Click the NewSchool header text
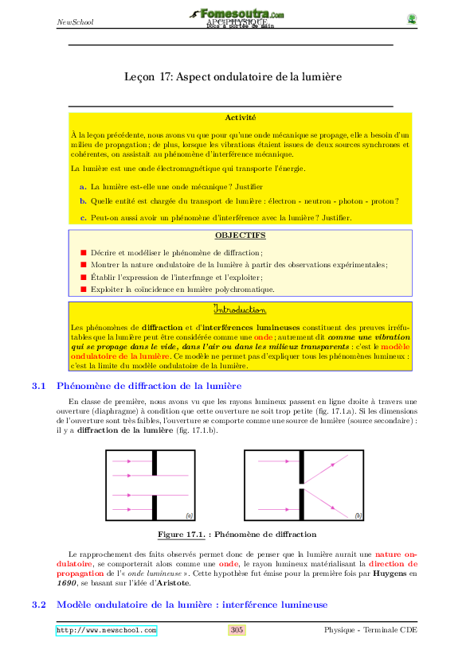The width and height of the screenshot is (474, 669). pyautogui.click(x=75, y=21)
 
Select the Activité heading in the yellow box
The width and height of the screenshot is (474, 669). pyautogui.click(x=240, y=118)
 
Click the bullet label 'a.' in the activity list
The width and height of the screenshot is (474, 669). pyautogui.click(x=83, y=186)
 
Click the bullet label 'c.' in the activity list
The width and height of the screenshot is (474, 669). pyautogui.click(x=83, y=217)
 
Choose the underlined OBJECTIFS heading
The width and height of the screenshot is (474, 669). pyautogui.click(x=240, y=235)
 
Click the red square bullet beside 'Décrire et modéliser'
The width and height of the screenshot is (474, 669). pyautogui.click(x=83, y=251)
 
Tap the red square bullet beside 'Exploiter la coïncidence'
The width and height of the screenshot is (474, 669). pyautogui.click(x=83, y=290)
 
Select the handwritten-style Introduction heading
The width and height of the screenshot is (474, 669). pyautogui.click(x=240, y=309)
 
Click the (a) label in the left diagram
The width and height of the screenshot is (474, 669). pyautogui.click(x=189, y=515)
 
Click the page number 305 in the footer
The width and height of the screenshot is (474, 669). pyautogui.click(x=237, y=631)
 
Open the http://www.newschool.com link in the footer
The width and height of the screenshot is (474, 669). pyautogui.click(x=106, y=631)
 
